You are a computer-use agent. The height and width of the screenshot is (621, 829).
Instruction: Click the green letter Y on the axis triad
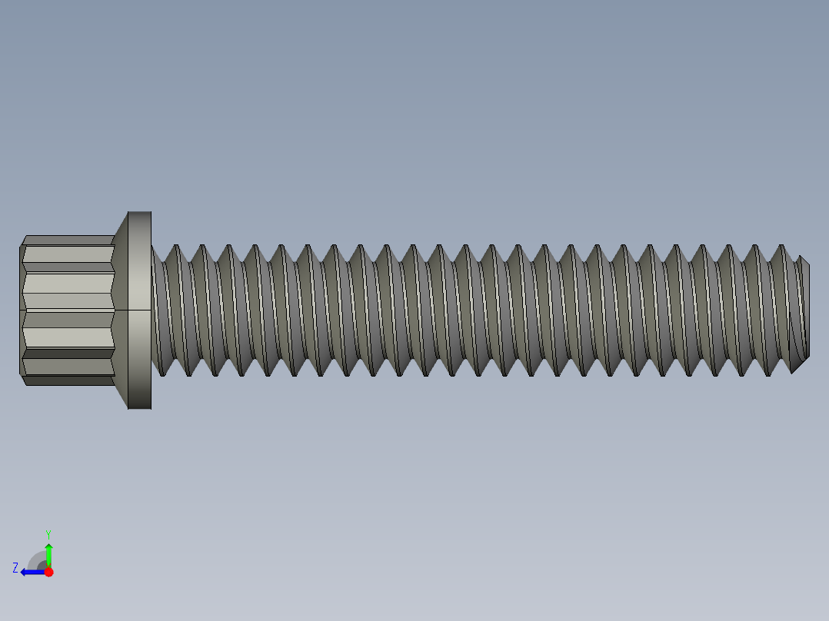48,533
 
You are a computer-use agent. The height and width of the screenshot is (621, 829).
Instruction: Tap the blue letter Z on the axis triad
15,568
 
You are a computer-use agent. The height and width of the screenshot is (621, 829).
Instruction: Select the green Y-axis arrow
48,553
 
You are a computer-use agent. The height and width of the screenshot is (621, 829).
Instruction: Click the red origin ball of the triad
48,572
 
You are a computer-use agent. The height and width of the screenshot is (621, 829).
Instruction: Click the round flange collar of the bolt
139,310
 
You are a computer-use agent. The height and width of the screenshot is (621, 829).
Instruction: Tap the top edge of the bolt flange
139,212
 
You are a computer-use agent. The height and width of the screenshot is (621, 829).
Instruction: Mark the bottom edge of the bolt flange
139,408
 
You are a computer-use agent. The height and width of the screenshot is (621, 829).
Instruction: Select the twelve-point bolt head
68,310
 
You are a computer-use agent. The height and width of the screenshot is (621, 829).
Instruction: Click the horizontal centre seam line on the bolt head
68,310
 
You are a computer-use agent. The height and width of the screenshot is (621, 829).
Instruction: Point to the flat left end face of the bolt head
21,310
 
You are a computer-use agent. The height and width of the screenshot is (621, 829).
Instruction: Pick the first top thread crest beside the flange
176,247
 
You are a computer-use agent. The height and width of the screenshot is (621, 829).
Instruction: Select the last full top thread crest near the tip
781,247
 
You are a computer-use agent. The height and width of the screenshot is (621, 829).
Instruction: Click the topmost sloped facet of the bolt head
68,240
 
